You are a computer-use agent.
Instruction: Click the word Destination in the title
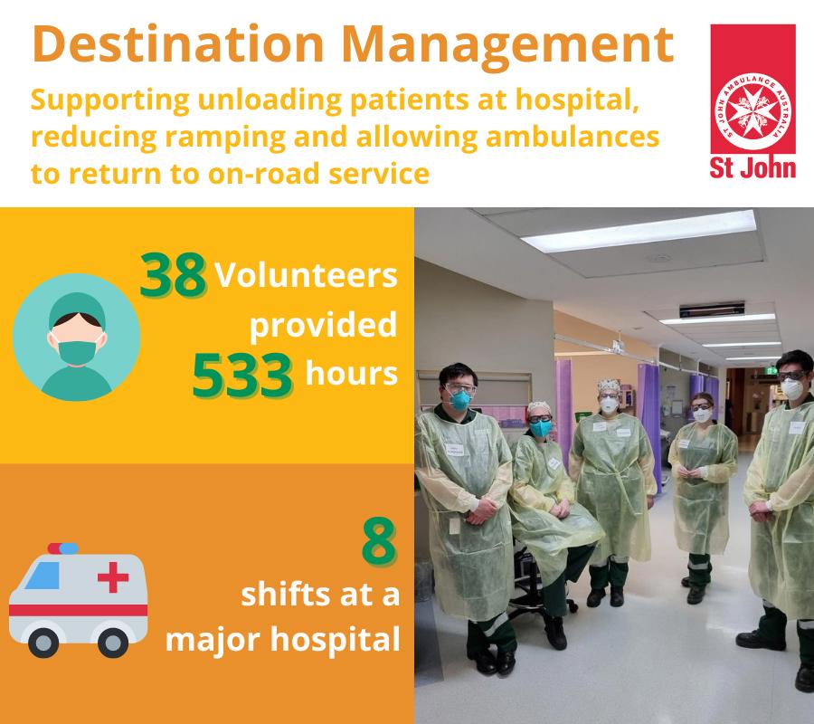[177, 44]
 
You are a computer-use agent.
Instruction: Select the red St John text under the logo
[752, 167]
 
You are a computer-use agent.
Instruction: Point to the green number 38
[173, 275]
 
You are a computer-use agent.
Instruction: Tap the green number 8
[379, 543]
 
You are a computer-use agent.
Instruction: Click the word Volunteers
[306, 275]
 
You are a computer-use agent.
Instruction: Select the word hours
[352, 374]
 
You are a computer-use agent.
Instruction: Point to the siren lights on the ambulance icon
[62, 548]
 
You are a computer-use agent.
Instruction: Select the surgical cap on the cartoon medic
[77, 309]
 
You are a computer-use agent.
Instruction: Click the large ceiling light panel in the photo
[638, 231]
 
